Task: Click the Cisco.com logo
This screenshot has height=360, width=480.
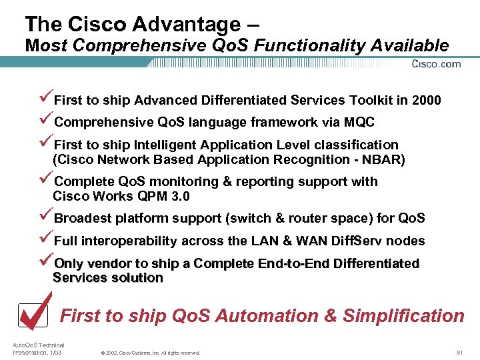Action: (437, 64)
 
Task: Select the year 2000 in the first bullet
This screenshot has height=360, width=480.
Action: (426, 101)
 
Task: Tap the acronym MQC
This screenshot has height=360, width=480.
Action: (360, 123)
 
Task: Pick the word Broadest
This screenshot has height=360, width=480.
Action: (83, 219)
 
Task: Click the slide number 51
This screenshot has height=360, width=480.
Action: (459, 352)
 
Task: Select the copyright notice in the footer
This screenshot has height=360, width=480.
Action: (149, 353)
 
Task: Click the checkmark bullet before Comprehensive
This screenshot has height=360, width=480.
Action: (46, 121)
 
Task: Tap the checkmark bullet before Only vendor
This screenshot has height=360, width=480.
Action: (46, 263)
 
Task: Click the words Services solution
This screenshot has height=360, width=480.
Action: (108, 278)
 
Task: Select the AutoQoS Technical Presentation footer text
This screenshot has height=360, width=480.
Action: (39, 349)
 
